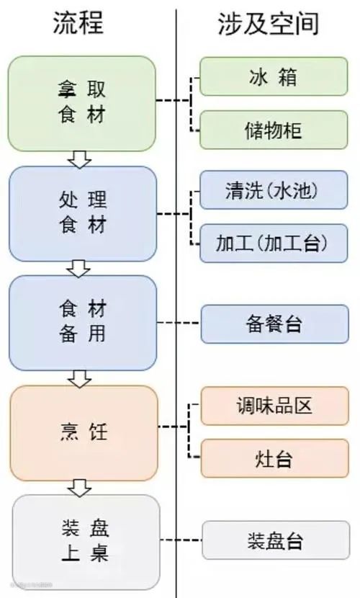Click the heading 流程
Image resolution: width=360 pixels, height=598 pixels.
(78, 23)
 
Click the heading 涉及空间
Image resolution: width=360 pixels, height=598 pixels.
(268, 23)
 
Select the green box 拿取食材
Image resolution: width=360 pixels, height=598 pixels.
(82, 103)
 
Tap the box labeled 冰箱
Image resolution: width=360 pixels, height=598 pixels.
(274, 76)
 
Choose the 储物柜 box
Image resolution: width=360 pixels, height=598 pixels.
(274, 130)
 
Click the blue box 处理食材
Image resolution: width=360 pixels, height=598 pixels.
(83, 213)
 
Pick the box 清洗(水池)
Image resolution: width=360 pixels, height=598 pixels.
(274, 190)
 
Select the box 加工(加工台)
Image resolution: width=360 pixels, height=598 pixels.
(274, 244)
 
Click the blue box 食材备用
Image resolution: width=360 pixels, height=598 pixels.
(83, 323)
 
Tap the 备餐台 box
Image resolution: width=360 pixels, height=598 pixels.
(274, 323)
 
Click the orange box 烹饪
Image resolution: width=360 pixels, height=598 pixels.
(84, 433)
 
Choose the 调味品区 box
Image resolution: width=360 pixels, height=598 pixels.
(274, 406)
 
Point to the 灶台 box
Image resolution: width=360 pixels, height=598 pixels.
(274, 458)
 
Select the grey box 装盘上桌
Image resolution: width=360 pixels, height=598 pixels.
(86, 542)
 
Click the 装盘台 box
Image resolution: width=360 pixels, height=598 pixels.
(276, 540)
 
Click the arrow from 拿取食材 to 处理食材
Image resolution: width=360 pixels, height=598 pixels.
(79, 159)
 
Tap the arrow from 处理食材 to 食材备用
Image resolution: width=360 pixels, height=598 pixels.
(78, 269)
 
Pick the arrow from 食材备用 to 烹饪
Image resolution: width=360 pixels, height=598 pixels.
(79, 378)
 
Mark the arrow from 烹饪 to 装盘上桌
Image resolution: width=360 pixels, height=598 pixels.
(80, 488)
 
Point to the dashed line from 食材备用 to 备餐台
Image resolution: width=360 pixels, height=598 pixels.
(179, 323)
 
